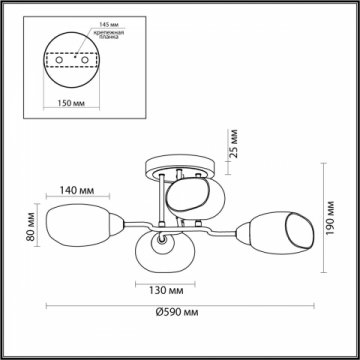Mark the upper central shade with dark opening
coord(187,195)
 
